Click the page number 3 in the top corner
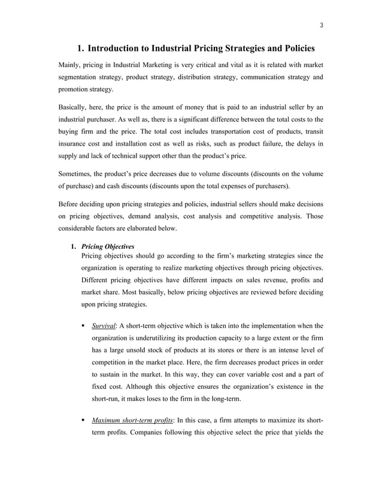click(x=321, y=25)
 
